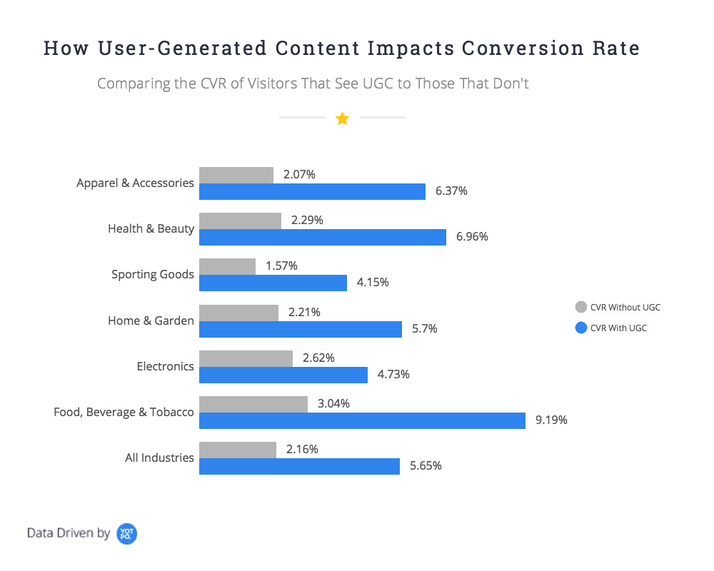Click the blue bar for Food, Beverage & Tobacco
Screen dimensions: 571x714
[x=362, y=420]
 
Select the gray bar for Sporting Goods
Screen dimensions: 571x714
[x=227, y=266]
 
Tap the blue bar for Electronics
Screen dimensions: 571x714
[x=283, y=375]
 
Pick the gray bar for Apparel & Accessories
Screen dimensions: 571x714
[x=236, y=175]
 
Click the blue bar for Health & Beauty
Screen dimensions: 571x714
[x=322, y=237]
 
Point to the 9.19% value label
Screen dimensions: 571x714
[x=551, y=420]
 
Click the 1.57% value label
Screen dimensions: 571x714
[x=281, y=266]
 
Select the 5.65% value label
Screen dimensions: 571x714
[x=426, y=466]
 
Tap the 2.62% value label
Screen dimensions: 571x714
[x=318, y=358]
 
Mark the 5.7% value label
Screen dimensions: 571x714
[x=425, y=329]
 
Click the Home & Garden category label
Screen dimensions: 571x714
[x=151, y=320]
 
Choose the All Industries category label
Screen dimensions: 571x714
[x=159, y=458]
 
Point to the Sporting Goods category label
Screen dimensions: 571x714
[x=152, y=275]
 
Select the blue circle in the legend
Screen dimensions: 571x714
[x=580, y=328]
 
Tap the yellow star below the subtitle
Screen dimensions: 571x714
[x=342, y=118]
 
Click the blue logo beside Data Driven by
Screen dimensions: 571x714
[x=126, y=533]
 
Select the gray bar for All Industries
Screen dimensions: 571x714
[x=237, y=450]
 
